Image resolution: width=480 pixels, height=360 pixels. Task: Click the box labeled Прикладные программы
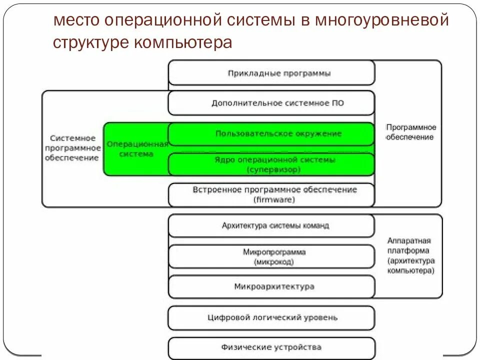coord(271,73)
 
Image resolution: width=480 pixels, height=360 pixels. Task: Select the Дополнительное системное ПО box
coord(271,103)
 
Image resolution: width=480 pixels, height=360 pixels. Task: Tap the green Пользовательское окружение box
coord(271,133)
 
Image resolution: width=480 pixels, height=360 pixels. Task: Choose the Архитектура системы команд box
coord(271,225)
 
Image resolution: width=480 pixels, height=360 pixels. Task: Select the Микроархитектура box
coord(271,286)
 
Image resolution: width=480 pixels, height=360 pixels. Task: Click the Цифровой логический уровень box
coord(271,317)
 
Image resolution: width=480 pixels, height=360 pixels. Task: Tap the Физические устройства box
coord(271,347)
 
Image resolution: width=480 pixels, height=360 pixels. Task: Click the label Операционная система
coord(136,149)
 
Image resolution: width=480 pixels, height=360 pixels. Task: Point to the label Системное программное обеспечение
coord(72,147)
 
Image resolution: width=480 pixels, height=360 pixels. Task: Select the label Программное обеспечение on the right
coord(410,132)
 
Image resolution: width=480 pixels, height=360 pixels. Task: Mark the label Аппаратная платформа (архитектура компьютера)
coord(410,255)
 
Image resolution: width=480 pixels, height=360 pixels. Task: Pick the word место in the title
coord(76,21)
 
